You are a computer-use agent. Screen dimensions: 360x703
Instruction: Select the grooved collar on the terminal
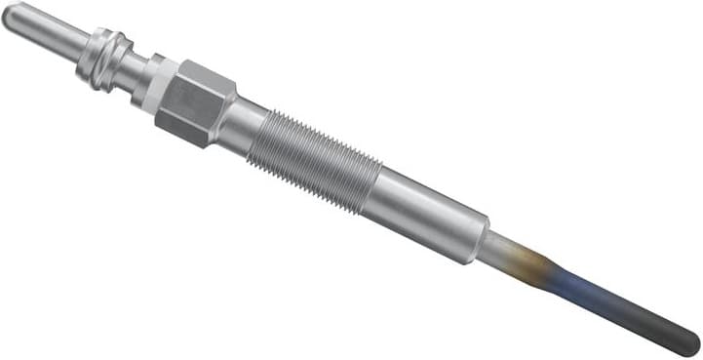[x=104, y=58]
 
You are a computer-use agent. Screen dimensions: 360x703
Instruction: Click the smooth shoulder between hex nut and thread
[x=243, y=126]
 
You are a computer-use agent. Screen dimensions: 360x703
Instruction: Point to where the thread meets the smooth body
[x=376, y=186]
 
